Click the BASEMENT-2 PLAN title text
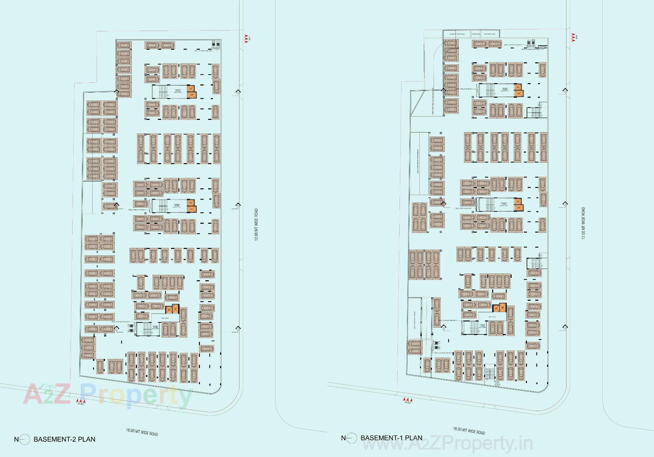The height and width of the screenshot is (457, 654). click(64, 439)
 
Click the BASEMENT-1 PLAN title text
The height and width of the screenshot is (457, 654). click(391, 438)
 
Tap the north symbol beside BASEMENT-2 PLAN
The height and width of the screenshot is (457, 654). click(24, 440)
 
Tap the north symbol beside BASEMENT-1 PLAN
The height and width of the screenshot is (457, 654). click(351, 438)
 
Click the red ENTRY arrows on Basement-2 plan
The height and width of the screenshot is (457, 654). click(81, 402)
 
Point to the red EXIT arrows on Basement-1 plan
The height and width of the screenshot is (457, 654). click(573, 36)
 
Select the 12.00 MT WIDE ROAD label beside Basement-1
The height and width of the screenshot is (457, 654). click(583, 223)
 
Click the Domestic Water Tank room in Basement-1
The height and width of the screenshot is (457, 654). click(457, 34)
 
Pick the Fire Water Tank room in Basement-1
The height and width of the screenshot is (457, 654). click(489, 34)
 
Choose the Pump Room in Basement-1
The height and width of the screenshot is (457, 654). click(476, 34)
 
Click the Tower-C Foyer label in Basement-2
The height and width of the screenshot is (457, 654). click(177, 91)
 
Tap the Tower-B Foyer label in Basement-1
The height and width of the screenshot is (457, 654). click(504, 204)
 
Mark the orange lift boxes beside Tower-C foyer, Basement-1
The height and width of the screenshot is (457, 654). click(518, 90)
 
